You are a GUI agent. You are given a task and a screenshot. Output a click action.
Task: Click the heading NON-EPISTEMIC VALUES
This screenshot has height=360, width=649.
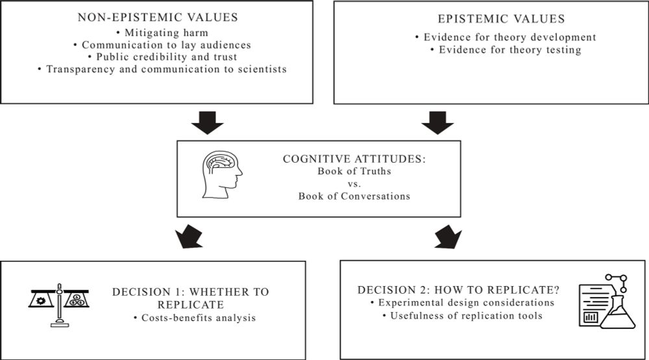click(158, 18)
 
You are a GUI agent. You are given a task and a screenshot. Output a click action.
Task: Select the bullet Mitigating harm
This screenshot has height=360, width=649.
click(162, 32)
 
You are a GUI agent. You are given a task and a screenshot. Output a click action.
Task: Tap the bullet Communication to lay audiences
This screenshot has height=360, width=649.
click(162, 45)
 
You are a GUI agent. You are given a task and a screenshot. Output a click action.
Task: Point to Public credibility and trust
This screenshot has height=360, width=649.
click(163, 56)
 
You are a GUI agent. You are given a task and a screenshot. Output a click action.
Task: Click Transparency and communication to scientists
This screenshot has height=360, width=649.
click(162, 69)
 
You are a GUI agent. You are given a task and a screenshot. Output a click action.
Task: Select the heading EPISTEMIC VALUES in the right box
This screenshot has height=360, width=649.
click(501, 19)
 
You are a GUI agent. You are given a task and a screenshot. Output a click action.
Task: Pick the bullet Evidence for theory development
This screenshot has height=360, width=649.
click(506, 37)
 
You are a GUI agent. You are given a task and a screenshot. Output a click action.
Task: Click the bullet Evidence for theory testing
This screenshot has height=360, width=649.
click(506, 50)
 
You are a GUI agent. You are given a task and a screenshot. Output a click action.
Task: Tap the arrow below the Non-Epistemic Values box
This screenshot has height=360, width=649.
click(208, 123)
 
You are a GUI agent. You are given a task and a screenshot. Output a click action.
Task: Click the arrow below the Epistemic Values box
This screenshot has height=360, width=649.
click(437, 123)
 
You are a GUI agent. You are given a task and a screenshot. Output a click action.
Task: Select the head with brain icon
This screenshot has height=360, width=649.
click(222, 174)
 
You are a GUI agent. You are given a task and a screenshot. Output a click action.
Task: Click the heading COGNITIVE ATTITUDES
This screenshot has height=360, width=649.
click(354, 159)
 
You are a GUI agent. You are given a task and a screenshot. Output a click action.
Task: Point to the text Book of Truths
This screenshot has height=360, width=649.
click(354, 171)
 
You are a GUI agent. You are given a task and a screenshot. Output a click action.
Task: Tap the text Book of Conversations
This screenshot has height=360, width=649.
click(354, 196)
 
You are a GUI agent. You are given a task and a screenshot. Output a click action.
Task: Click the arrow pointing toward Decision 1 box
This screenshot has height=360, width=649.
click(190, 237)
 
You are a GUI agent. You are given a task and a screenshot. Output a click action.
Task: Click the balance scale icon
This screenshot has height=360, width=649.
click(59, 306)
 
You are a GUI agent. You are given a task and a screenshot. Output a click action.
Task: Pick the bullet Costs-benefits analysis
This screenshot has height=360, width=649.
click(195, 318)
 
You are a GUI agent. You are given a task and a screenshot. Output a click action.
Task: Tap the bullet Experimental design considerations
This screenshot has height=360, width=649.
click(462, 302)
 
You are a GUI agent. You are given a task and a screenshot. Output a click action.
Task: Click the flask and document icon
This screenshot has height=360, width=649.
click(607, 301)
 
